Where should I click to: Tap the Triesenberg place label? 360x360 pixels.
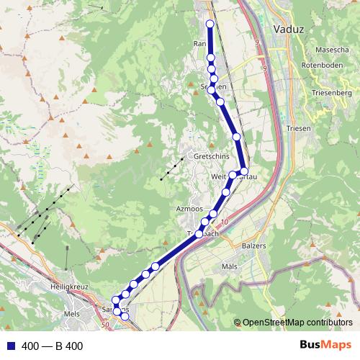click(x=331, y=94)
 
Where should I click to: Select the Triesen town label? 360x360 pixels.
click(x=297, y=128)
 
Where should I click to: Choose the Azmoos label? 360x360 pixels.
click(x=189, y=208)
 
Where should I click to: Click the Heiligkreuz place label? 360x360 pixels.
click(x=69, y=287)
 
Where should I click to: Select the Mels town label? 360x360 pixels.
click(x=72, y=315)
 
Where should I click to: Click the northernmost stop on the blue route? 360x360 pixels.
click(x=210, y=24)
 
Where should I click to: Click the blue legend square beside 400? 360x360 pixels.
click(x=10, y=346)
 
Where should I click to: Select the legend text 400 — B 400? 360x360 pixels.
click(x=53, y=346)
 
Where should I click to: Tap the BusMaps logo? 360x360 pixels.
click(x=325, y=345)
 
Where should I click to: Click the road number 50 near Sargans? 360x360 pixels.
click(x=105, y=325)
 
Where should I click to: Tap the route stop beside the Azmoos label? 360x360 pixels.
click(x=213, y=214)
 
